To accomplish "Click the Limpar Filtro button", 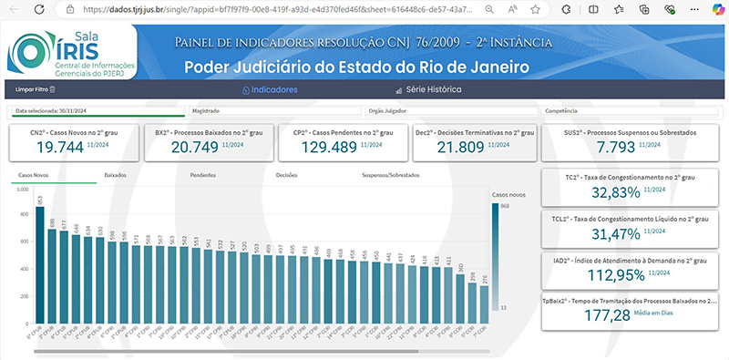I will (32, 89).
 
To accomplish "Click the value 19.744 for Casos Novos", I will (52, 148).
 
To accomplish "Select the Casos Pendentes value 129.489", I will (319, 148).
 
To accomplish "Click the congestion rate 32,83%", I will (617, 191).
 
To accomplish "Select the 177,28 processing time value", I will (611, 314).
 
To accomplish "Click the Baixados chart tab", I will (116, 173).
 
